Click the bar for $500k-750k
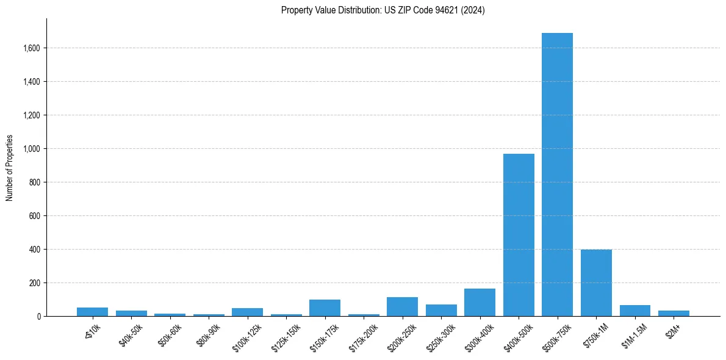[557, 175]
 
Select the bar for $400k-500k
[519, 235]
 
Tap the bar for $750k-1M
[596, 283]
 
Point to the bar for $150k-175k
[325, 308]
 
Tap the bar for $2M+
[674, 313]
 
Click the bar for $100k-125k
[247, 312]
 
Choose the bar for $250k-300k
[441, 310]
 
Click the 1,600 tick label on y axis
[32, 48]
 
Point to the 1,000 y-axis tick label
[32, 148]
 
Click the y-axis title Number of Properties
[9, 168]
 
